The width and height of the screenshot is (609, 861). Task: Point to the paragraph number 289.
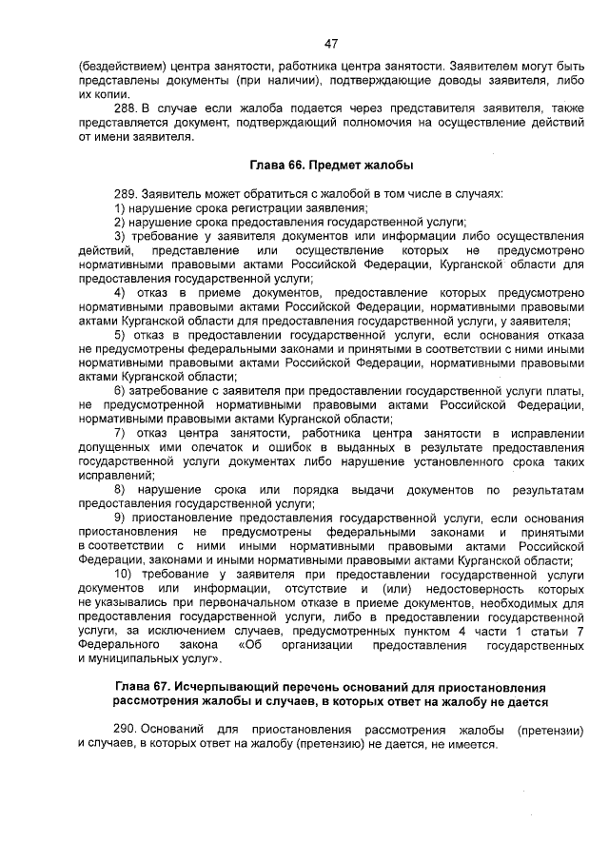pyautogui.click(x=127, y=193)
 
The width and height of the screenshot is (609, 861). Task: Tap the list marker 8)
pyautogui.click(x=120, y=489)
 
